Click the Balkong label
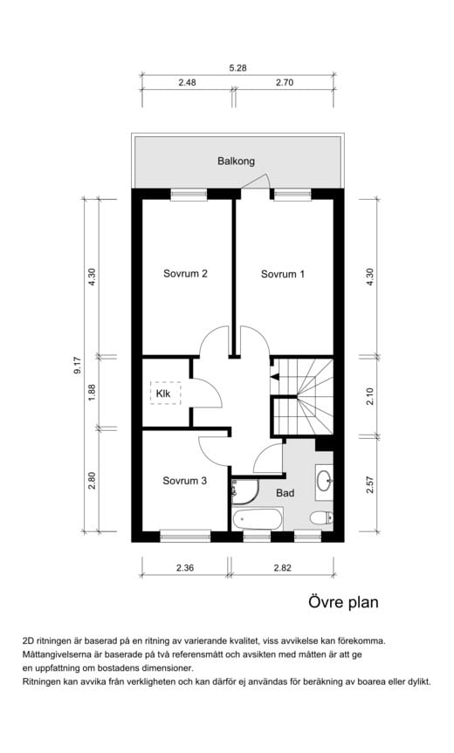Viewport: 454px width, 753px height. point(236,161)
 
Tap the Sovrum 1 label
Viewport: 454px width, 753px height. point(283,274)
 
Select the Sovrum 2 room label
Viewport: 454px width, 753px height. point(185,274)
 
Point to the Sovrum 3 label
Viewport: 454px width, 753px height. point(184,481)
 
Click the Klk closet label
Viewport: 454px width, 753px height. point(163,394)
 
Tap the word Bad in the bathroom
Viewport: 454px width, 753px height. point(285,493)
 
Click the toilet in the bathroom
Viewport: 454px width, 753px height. point(321,518)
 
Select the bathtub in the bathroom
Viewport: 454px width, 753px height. point(257,519)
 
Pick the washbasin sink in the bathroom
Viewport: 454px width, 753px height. point(324,480)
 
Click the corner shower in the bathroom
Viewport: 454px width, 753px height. point(244,492)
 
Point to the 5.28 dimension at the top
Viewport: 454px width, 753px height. point(237,68)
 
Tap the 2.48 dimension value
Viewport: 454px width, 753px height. point(188,82)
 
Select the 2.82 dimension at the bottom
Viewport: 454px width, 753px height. point(283,568)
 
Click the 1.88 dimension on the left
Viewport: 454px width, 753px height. point(93,392)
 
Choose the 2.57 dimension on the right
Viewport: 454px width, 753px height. point(370,484)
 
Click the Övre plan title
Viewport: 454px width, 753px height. point(343,602)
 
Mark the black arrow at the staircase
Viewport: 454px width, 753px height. point(274,377)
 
